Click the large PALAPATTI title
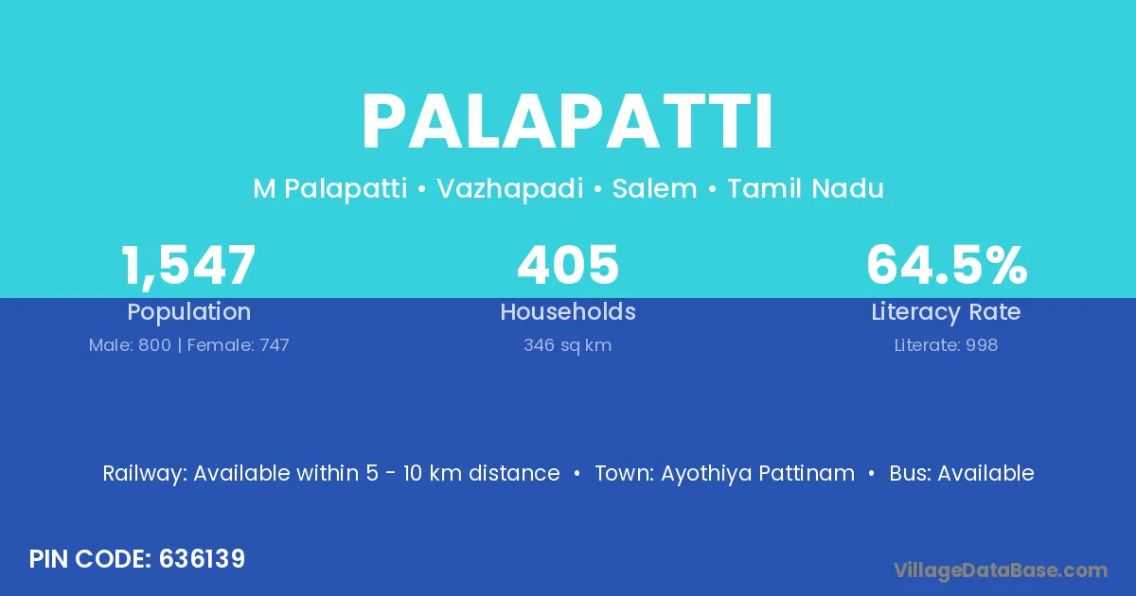(567, 122)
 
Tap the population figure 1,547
(188, 266)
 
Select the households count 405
(568, 265)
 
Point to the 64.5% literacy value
(947, 265)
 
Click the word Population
(189, 312)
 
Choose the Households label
(568, 311)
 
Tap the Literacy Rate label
(946, 312)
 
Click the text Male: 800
(130, 345)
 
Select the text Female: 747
(239, 345)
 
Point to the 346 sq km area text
(567, 345)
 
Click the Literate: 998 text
(946, 345)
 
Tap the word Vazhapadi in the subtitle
(510, 189)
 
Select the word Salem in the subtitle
(655, 188)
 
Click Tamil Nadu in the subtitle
(806, 188)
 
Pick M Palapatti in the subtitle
(330, 189)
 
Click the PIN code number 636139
(202, 559)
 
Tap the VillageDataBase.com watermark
(1000, 570)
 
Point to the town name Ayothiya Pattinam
(757, 473)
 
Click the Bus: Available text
(962, 473)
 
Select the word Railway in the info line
(145, 474)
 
